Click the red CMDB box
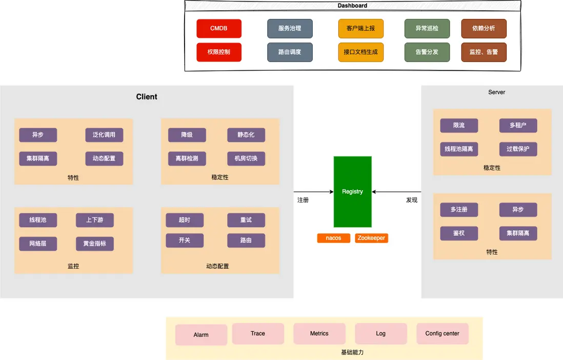(219, 29)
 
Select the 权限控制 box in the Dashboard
(219, 52)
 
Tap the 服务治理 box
(290, 29)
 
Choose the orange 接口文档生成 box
(361, 52)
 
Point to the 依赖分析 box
(484, 29)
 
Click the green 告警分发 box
(427, 52)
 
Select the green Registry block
(352, 192)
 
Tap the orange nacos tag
(333, 238)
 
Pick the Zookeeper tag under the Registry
(371, 238)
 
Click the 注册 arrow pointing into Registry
(313, 192)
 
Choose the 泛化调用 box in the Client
(104, 135)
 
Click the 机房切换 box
(246, 158)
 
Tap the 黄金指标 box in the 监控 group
(95, 244)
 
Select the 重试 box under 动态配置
(246, 220)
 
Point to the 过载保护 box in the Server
(518, 149)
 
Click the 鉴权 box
(459, 233)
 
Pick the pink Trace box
(258, 333)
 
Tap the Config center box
(442, 333)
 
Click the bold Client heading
(147, 97)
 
